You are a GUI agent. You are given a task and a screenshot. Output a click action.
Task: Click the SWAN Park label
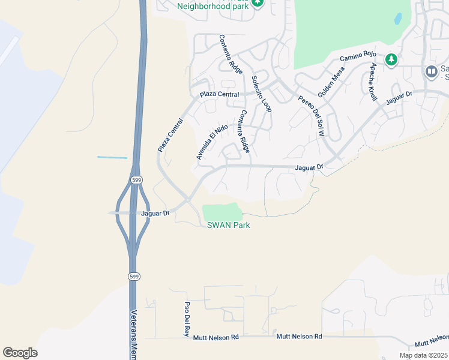[x=228, y=225]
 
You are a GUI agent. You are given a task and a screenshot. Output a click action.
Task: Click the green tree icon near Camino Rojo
[x=391, y=59]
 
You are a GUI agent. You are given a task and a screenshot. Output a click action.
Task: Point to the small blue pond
[x=398, y=19]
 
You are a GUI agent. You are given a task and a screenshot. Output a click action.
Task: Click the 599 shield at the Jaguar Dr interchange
[x=137, y=179]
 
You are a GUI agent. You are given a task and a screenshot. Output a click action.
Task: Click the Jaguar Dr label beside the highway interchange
[x=156, y=213]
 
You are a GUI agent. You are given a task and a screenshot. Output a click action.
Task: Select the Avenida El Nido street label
[x=212, y=142]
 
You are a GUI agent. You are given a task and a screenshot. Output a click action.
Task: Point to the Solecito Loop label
[x=262, y=94]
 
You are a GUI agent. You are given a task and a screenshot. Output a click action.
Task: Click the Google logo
[x=20, y=353]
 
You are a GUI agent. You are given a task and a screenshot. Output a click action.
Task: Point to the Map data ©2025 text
[x=423, y=355]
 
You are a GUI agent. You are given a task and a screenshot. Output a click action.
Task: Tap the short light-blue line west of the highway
[x=112, y=158]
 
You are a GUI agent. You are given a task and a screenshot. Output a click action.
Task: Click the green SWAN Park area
[x=221, y=212]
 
